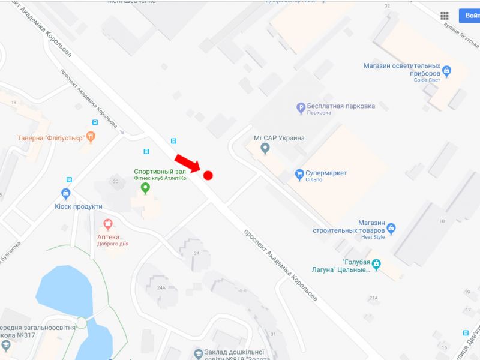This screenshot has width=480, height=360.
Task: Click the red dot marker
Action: (208, 175)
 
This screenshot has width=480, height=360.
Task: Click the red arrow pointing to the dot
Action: (187, 162)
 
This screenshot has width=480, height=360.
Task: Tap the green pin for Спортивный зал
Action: (145, 188)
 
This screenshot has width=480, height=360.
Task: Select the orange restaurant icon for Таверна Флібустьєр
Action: (91, 137)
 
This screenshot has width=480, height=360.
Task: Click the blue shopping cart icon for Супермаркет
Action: (299, 175)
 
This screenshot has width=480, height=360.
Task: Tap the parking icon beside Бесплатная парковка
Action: (301, 108)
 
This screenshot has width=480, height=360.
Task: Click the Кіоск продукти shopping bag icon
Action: (66, 194)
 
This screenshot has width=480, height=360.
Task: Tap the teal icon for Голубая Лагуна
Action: (376, 264)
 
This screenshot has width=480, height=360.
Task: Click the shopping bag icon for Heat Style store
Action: (391, 228)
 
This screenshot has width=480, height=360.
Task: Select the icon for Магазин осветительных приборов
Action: (446, 71)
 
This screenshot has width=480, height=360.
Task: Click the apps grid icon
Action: (445, 16)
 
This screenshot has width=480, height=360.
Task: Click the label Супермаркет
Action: (326, 173)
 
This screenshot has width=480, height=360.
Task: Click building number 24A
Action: (161, 287)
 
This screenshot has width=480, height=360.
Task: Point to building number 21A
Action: (373, 298)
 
